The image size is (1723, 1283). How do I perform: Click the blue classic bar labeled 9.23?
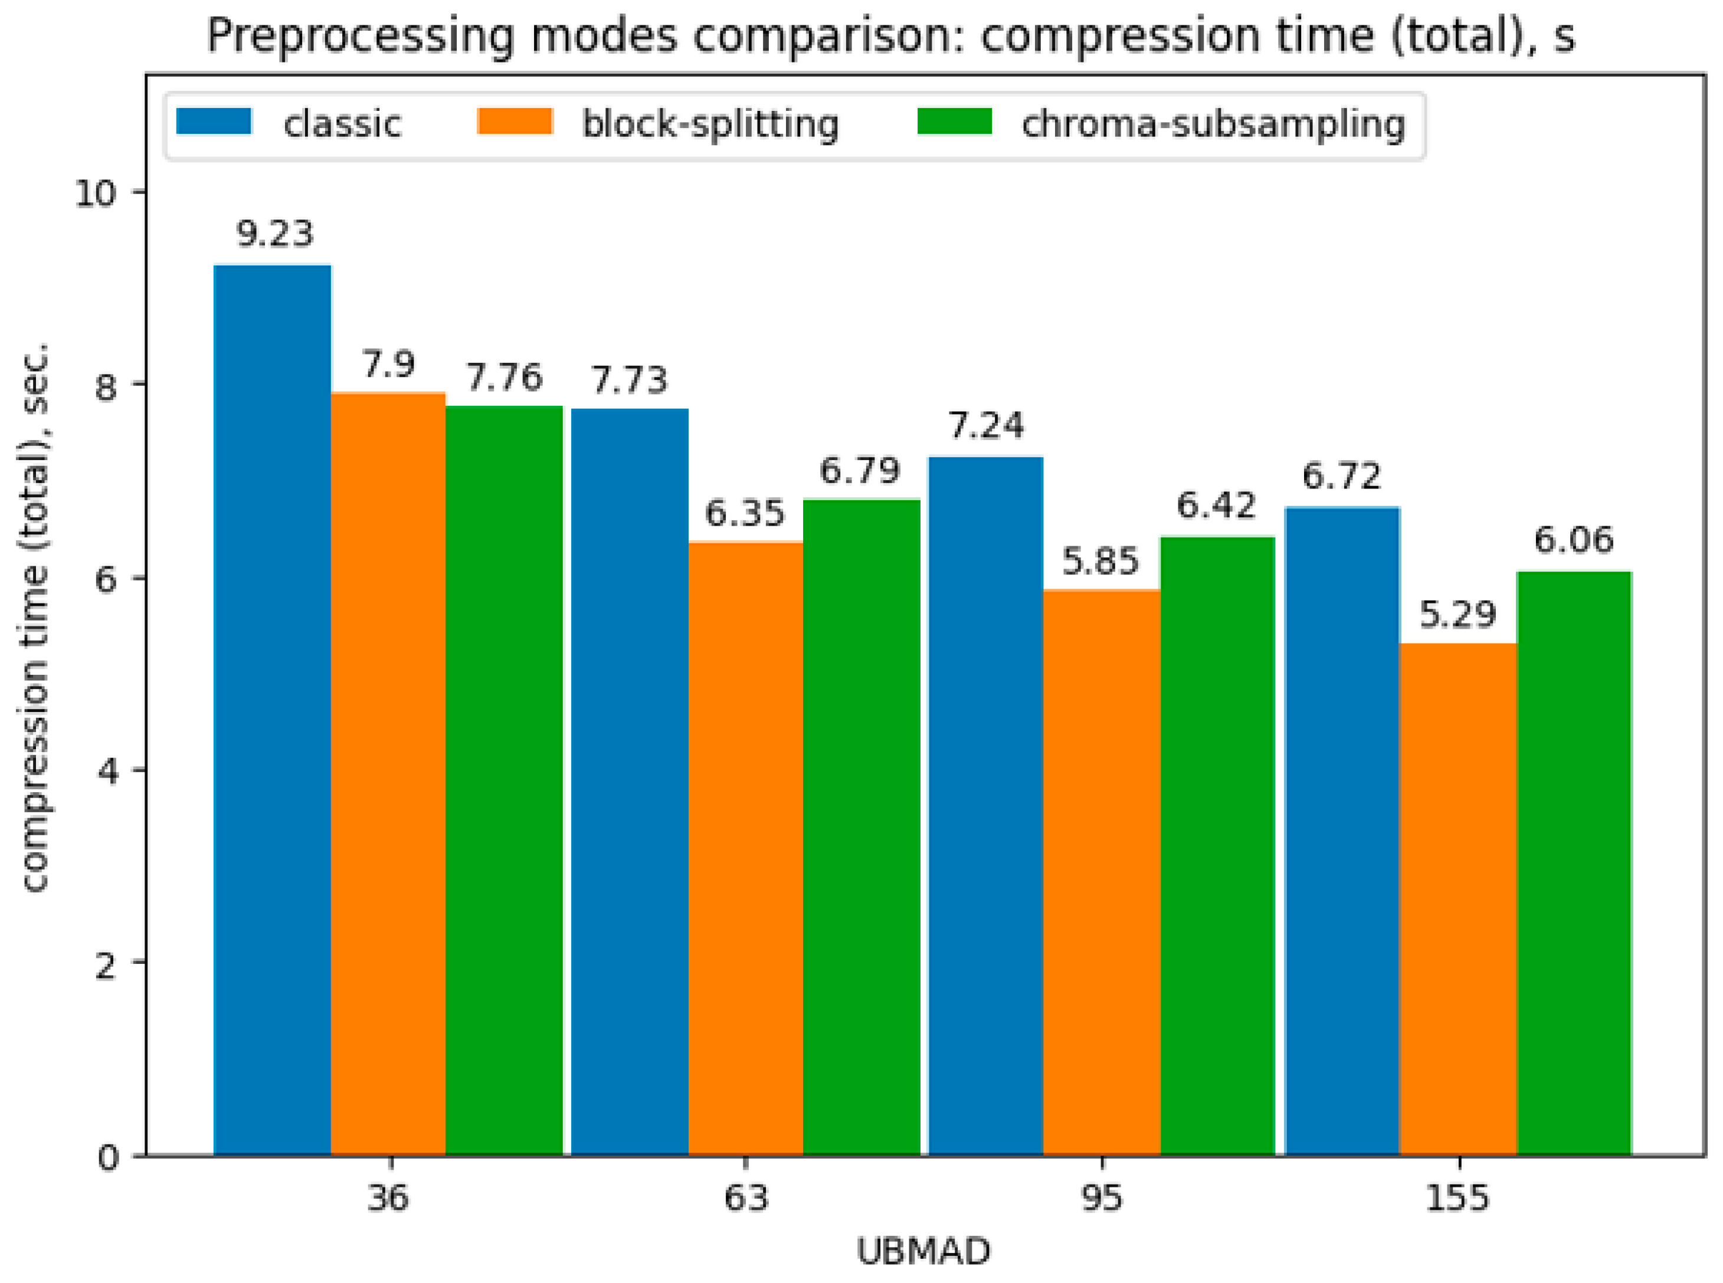(x=272, y=711)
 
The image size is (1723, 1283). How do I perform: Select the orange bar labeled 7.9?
(x=388, y=775)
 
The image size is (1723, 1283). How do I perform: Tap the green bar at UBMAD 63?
(x=861, y=827)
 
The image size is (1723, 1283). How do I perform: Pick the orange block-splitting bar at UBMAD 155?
(x=1457, y=900)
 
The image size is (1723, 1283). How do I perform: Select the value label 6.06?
(x=1573, y=540)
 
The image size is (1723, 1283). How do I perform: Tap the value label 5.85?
(x=1100, y=561)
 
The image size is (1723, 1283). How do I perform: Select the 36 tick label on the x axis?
(x=388, y=1198)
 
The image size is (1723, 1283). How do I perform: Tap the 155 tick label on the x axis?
(x=1457, y=1198)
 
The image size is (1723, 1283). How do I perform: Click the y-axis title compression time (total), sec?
(x=34, y=618)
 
